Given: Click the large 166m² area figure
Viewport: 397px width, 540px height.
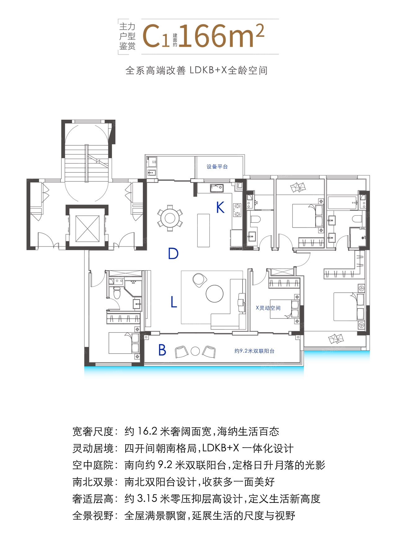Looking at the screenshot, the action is tap(221, 36).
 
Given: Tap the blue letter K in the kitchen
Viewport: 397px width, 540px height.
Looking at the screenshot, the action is tap(220, 207).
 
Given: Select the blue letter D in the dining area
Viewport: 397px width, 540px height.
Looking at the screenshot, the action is tap(173, 254).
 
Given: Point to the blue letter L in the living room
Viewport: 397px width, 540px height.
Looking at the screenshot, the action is tap(174, 302).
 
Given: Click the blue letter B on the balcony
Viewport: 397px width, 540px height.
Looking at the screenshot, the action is tap(162, 350).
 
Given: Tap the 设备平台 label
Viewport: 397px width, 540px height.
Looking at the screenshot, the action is tap(217, 166).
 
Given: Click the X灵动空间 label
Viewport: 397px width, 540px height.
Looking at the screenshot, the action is tap(268, 308).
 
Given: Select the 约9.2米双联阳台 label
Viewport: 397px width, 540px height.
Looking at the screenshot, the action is tap(254, 351).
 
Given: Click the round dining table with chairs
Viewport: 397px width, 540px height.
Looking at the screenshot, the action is tap(170, 218).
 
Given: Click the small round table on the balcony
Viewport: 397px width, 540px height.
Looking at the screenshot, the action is tap(195, 351).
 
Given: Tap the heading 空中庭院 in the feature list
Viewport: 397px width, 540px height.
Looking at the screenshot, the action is tap(93, 465).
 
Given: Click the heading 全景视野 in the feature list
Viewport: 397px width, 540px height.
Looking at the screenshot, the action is tap(93, 516).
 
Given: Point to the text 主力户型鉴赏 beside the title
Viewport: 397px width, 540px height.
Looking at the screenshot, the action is tap(127, 36).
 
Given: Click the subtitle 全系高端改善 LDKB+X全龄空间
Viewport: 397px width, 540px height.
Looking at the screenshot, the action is tap(196, 70).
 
